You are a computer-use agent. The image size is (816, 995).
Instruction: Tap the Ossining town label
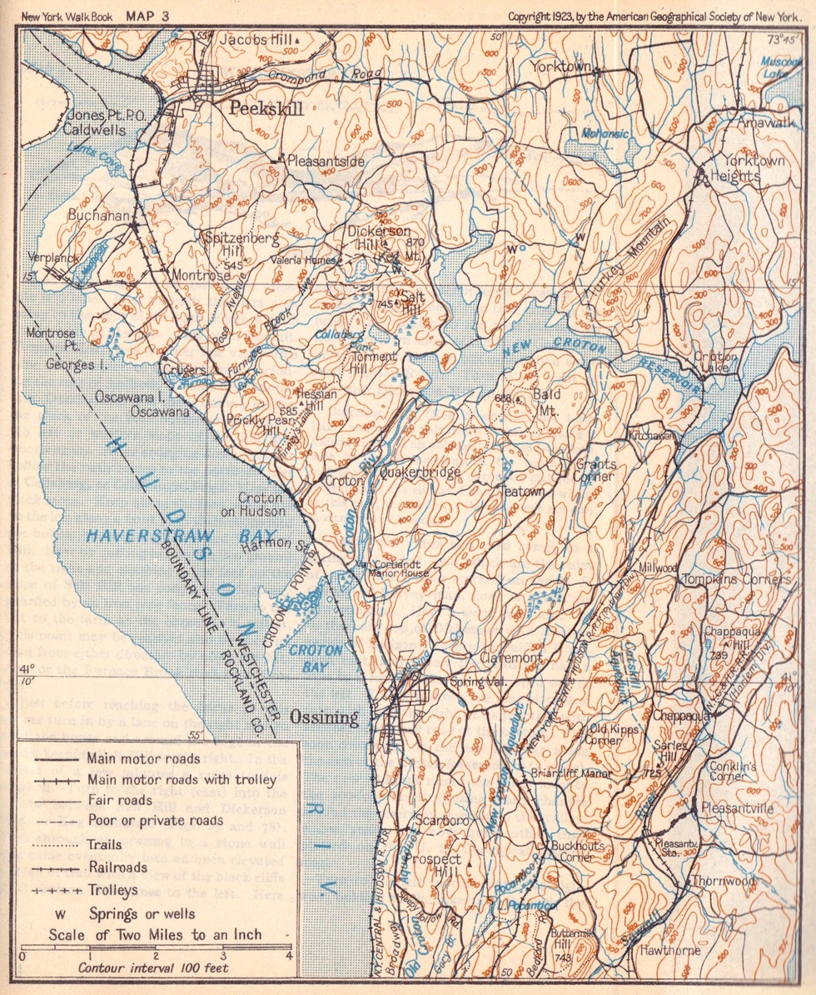tap(323, 717)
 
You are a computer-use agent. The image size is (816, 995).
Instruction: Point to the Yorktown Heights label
tap(753, 168)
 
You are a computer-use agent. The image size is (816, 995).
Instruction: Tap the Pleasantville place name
tap(737, 808)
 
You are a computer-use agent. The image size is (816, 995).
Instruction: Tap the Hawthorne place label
tap(669, 949)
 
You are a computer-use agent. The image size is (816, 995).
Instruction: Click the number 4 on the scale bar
tap(288, 955)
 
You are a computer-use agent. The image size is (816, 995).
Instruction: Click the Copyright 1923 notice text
tap(653, 16)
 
